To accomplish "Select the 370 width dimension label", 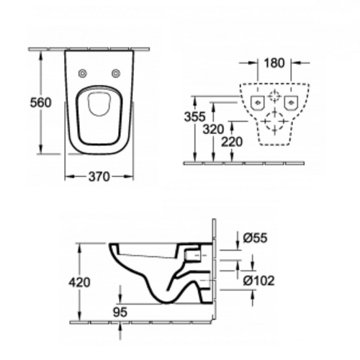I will tap(99, 178).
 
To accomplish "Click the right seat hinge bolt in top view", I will tap(115, 73).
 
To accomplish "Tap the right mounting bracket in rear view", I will tap(291, 101).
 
